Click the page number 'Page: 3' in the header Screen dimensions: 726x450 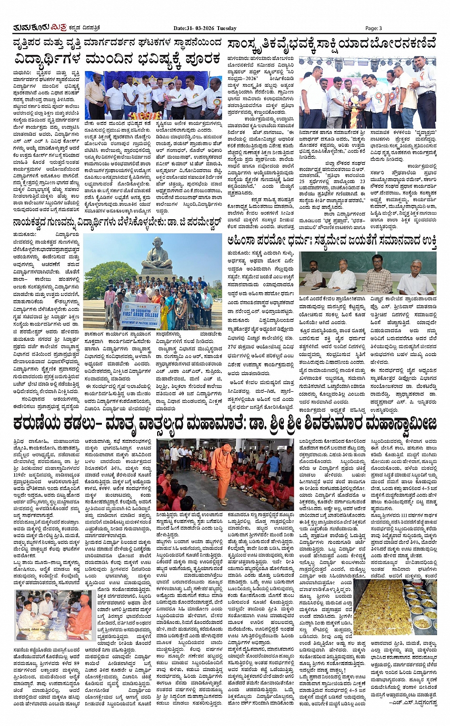tap(374, 28)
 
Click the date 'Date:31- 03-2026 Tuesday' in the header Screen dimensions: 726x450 tap(205, 28)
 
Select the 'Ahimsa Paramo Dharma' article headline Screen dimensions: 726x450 tap(332, 241)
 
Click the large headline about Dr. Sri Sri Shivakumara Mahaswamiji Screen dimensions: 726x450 tap(225, 423)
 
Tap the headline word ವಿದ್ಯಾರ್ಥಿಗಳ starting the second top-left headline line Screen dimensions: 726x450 tap(47, 60)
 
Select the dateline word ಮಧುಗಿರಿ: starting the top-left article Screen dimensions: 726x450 tap(22, 72)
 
